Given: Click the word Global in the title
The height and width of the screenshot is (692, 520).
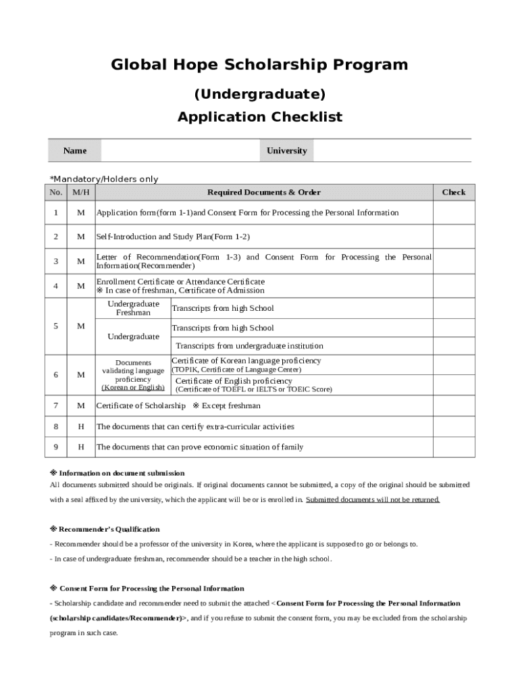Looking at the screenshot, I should pyautogui.click(x=136, y=65).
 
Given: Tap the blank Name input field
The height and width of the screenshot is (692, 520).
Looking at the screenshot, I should pyautogui.click(x=179, y=151).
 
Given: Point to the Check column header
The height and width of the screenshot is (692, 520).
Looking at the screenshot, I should pyautogui.click(x=453, y=193).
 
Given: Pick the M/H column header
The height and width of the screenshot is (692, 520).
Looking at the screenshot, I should pyautogui.click(x=81, y=193).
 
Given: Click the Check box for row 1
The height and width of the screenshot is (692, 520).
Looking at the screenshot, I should pyautogui.click(x=453, y=213).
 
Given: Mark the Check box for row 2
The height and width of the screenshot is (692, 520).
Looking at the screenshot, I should pyautogui.click(x=453, y=237).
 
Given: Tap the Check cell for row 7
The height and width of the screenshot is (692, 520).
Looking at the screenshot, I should pyautogui.click(x=453, y=406).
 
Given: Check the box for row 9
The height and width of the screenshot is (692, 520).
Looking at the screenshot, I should pyautogui.click(x=453, y=447).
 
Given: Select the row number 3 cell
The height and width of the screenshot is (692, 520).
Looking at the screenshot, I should pyautogui.click(x=55, y=262).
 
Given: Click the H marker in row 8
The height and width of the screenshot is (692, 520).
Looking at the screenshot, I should pyautogui.click(x=81, y=427).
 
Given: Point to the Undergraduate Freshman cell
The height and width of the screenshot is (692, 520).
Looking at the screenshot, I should pyautogui.click(x=133, y=308).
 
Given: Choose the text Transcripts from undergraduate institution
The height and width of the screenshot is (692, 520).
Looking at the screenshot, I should pyautogui.click(x=249, y=346).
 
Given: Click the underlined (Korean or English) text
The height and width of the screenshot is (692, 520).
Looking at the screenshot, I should pyautogui.click(x=133, y=388).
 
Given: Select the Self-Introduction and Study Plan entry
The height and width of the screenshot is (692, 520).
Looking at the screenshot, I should pyautogui.click(x=174, y=237).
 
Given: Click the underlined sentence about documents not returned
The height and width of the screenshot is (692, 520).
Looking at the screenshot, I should pyautogui.click(x=373, y=500).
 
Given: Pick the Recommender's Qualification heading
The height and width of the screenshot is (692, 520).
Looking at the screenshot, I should pyautogui.click(x=109, y=529).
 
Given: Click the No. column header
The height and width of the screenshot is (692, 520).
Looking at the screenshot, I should pyautogui.click(x=55, y=193).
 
